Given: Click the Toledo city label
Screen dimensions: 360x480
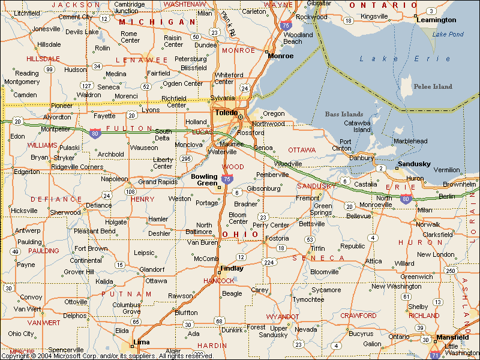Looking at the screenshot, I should click(x=227, y=112).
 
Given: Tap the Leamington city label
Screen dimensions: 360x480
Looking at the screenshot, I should click(x=436, y=20).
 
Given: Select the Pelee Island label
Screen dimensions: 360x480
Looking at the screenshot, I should click(x=433, y=86).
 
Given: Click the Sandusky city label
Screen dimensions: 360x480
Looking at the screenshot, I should click(x=414, y=164).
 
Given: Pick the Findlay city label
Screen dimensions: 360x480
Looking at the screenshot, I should click(x=232, y=268).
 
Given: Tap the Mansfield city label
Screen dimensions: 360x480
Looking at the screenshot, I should click(x=452, y=337).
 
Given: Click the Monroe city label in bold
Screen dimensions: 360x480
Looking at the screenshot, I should click(x=281, y=56).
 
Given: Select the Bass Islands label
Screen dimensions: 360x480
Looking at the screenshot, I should click(x=344, y=114).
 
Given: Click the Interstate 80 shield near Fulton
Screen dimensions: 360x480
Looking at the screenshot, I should click(x=95, y=133).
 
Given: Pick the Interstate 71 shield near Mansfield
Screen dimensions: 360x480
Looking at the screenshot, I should click(x=434, y=355).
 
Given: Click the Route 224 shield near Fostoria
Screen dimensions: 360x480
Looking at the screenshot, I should click(x=269, y=262).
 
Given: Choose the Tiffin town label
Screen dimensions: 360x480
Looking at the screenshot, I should click(x=317, y=248).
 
